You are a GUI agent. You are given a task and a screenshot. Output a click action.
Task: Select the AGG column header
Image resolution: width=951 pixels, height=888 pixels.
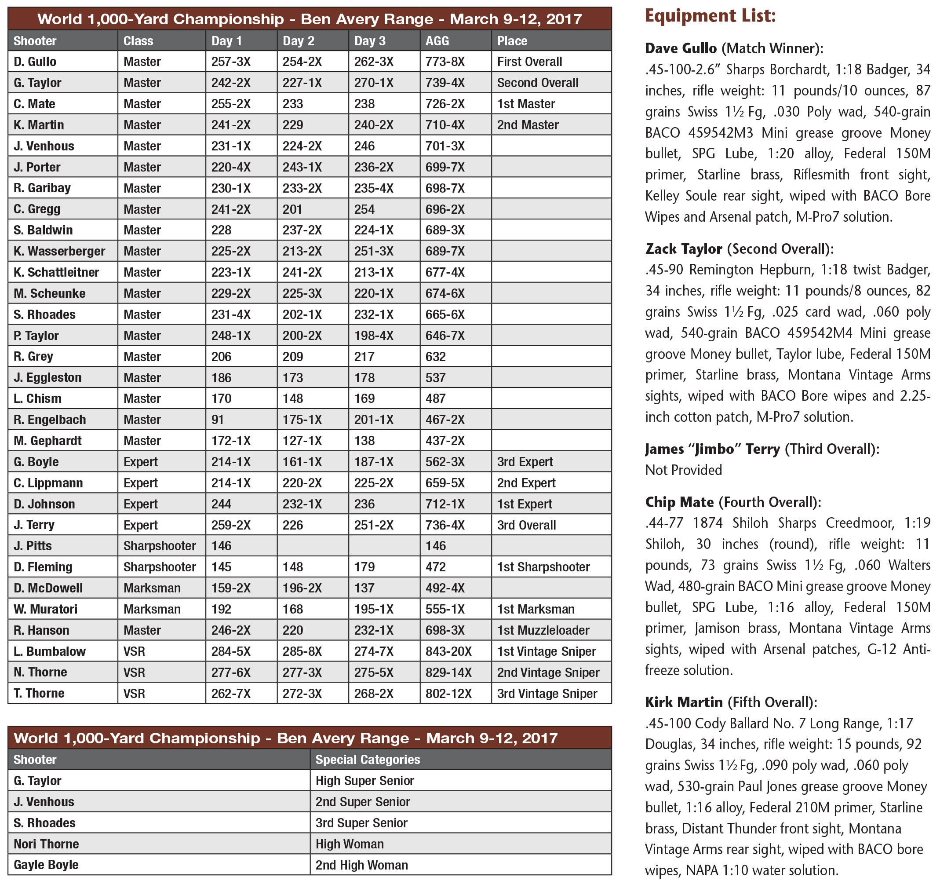coord(437,40)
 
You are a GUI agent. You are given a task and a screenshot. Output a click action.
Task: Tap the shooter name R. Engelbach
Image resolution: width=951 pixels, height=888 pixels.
coord(49,420)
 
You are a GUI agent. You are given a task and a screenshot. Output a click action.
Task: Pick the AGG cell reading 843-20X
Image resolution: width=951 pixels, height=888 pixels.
coord(448,651)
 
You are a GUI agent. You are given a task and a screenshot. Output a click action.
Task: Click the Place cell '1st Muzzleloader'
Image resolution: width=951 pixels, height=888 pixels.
coord(543,630)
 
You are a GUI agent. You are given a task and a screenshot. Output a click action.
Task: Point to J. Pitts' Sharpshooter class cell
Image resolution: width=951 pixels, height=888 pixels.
coord(159,546)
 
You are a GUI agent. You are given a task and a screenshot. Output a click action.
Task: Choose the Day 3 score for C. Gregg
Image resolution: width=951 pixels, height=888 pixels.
coord(364,209)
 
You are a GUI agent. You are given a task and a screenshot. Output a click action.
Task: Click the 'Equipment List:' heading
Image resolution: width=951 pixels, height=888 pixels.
coord(710,16)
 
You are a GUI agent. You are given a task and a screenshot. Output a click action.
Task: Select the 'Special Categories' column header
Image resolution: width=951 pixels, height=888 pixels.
coord(368,759)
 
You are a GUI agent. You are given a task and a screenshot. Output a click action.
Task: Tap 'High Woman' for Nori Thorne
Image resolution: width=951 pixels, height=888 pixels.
coord(349,844)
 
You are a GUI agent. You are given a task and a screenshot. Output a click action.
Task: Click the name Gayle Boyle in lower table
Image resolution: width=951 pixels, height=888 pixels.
coord(46,865)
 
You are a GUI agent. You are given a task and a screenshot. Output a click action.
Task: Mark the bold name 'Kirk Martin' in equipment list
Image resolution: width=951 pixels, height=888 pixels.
coord(684,702)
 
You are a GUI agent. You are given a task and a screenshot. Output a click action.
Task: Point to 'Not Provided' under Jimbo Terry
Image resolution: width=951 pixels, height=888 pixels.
coord(683,470)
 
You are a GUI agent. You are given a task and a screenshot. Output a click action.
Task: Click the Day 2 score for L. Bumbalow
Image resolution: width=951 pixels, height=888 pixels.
coord(302,651)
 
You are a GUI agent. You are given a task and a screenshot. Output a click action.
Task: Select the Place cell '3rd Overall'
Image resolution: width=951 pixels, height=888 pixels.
coord(526,525)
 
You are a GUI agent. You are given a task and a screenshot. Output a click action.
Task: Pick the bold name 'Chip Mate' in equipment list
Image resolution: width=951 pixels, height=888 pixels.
coord(679,502)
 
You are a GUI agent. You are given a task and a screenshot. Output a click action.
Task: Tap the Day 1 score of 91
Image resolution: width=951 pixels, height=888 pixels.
coord(218,420)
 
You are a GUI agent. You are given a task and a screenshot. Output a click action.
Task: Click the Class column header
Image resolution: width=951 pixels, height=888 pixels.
coord(138,40)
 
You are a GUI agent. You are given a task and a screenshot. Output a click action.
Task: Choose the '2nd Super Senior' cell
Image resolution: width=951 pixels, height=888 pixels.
coord(362,801)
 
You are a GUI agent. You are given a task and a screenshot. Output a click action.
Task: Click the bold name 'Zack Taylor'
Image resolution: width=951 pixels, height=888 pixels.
coord(683,249)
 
